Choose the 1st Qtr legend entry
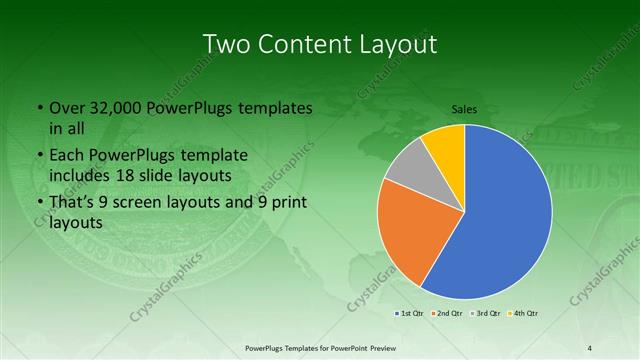click(410, 314)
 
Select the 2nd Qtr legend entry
click(445, 314)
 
